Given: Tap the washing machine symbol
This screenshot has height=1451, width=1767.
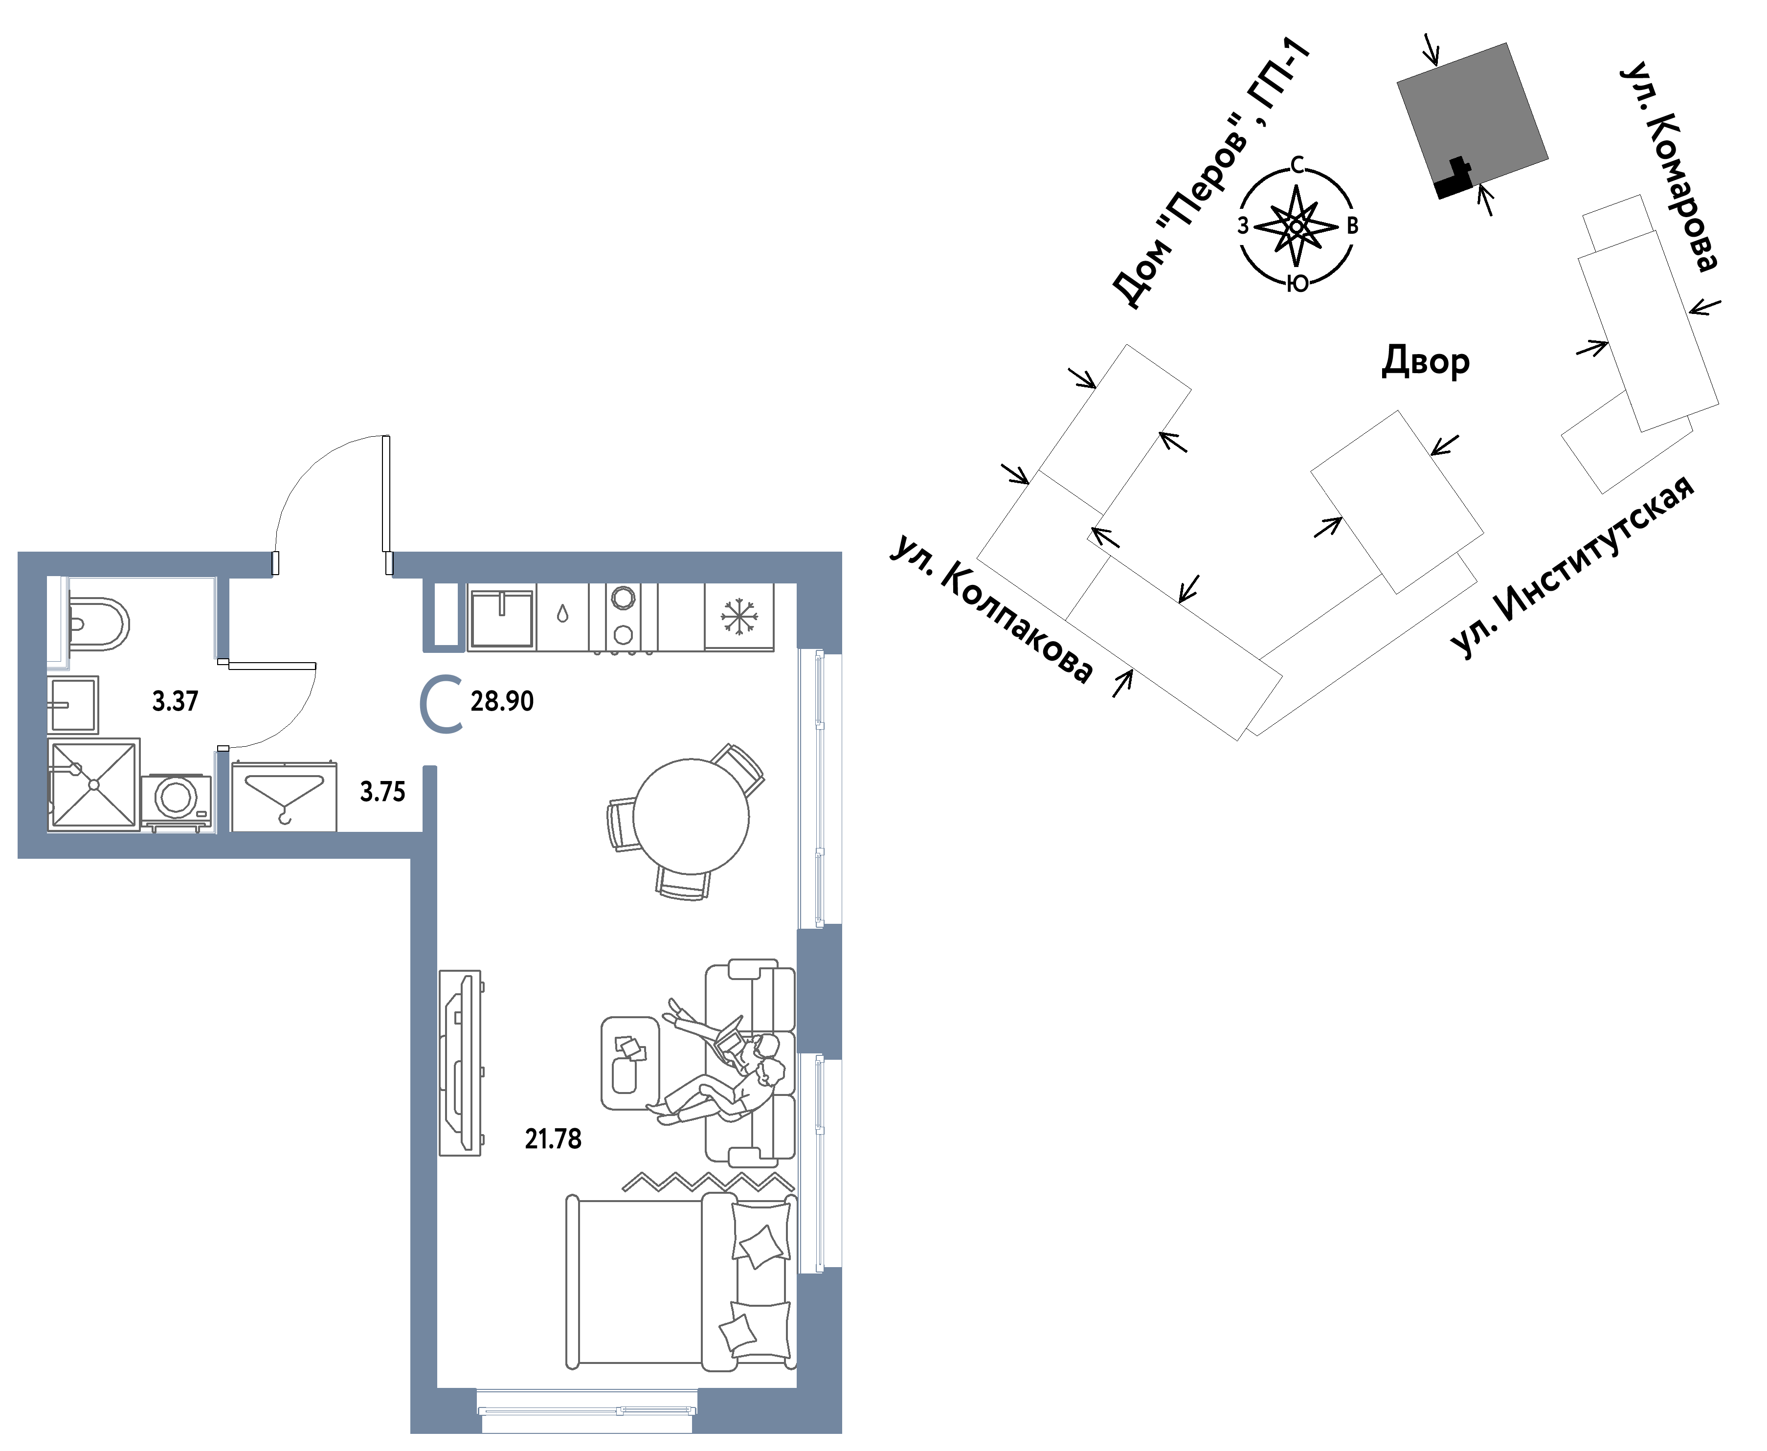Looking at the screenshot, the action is pos(177,801).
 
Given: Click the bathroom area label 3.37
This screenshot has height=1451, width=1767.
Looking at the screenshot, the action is pos(175,701).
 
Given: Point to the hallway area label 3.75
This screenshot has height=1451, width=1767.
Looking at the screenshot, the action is pos(382,792).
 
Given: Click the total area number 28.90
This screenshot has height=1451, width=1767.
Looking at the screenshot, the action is pos(501,701).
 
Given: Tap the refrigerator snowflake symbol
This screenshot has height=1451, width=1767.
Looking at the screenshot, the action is pos(739,617).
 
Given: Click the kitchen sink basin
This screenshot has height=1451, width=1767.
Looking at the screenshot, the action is pos(501,619).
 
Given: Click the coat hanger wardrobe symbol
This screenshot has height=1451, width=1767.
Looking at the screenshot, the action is pos(284,797).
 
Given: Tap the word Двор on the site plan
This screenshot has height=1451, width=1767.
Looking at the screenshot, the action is pos(1425,361).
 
